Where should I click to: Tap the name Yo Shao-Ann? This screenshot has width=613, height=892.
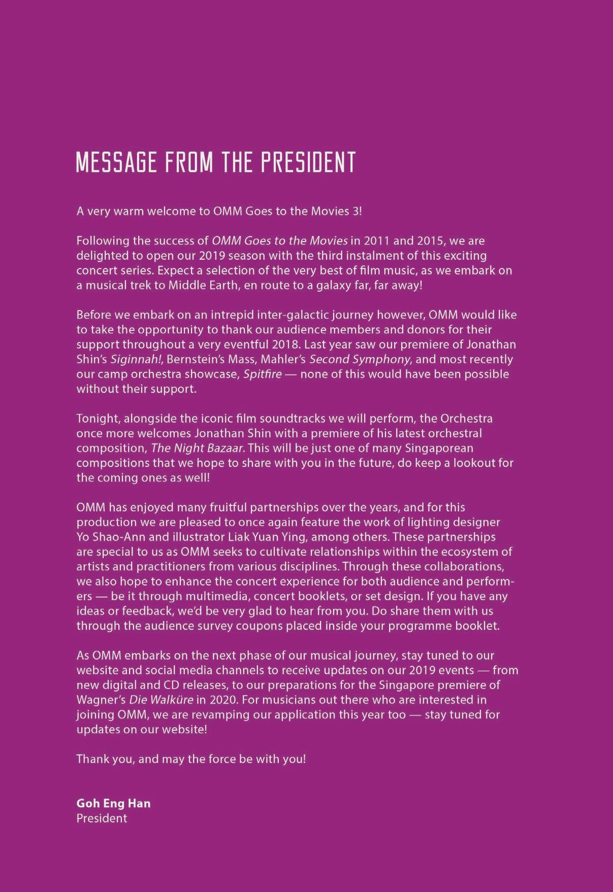[107, 537]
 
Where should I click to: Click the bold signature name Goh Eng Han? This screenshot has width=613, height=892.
[113, 803]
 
